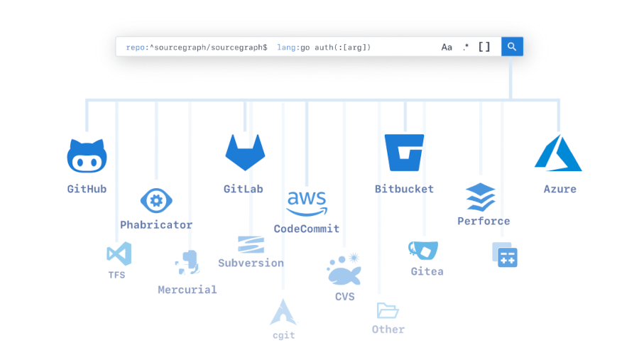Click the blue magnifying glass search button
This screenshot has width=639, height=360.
(512, 47)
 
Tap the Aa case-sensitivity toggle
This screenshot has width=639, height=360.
(447, 48)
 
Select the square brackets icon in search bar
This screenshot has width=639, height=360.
(484, 47)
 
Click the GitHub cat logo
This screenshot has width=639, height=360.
(87, 156)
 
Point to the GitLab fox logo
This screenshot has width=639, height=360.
(246, 153)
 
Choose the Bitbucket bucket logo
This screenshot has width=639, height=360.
(404, 153)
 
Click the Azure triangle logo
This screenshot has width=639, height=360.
(558, 153)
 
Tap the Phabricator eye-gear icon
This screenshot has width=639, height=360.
(156, 200)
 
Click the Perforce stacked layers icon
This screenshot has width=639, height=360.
(481, 197)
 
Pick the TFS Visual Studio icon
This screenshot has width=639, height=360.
(119, 253)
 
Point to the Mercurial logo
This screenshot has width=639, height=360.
(187, 263)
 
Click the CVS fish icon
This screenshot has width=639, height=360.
(344, 270)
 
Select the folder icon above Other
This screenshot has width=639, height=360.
(388, 311)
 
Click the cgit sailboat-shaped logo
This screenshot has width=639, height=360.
(283, 312)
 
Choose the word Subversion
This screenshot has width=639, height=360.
(251, 263)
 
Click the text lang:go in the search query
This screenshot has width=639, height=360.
(293, 48)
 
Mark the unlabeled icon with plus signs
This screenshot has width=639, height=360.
(505, 255)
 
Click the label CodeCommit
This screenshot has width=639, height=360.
(307, 229)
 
